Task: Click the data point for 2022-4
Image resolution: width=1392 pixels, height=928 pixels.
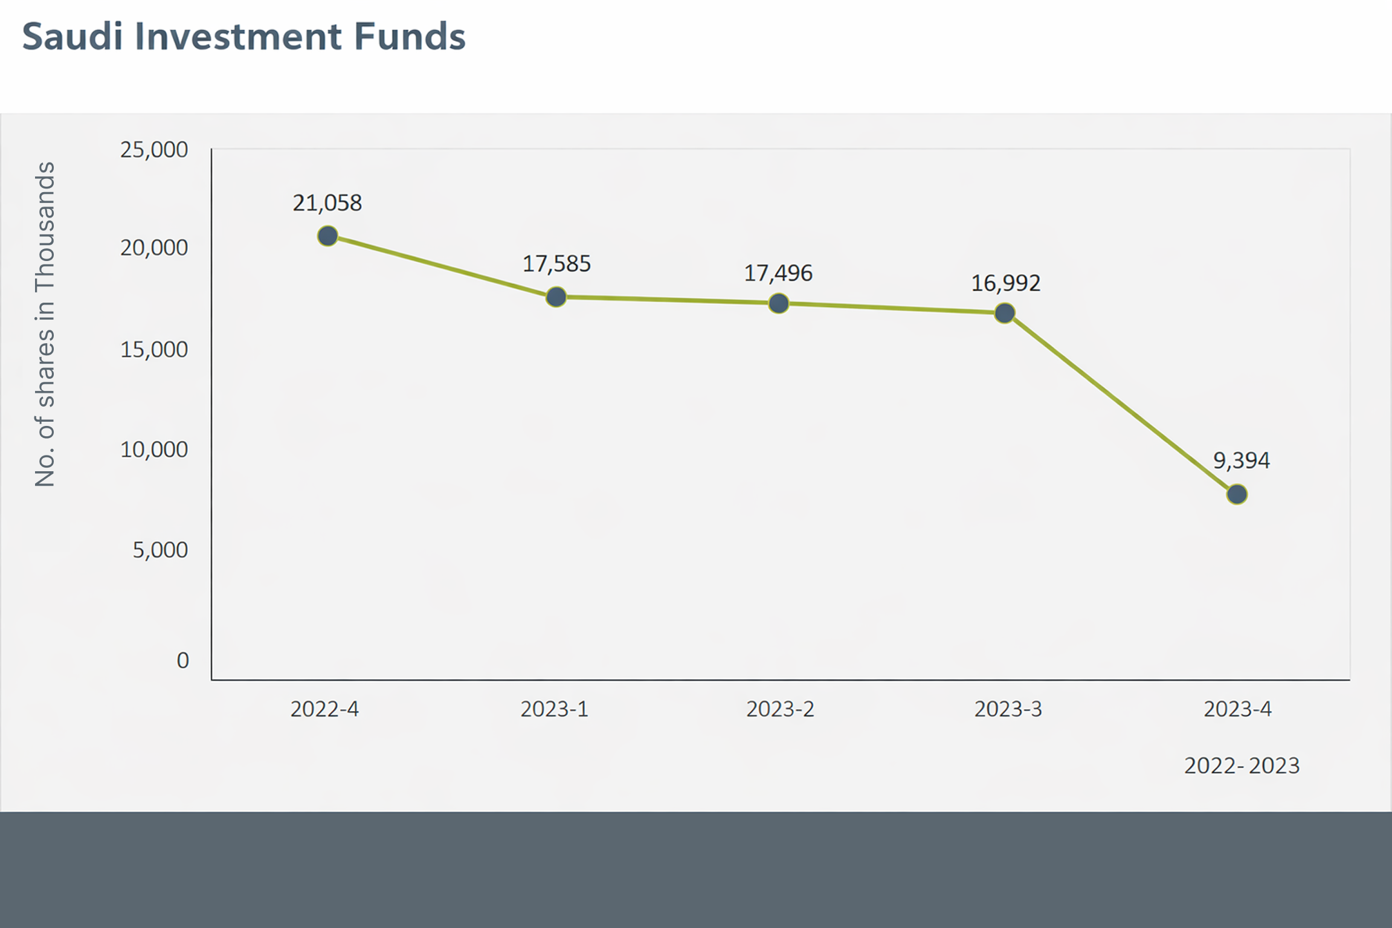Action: (x=327, y=236)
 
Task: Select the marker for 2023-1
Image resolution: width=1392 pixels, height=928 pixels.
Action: (x=556, y=297)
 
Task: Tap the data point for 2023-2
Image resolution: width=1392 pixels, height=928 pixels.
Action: (x=779, y=303)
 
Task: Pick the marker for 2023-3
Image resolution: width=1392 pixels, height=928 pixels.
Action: (x=1005, y=313)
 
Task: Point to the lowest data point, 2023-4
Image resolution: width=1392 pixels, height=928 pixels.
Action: (x=1237, y=494)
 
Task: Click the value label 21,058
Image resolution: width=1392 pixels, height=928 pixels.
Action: (x=327, y=203)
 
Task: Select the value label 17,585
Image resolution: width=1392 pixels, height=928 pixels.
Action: (x=556, y=264)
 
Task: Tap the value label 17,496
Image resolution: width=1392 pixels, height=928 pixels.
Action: (x=778, y=274)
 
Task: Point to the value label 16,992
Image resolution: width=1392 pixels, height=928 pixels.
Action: (x=1006, y=283)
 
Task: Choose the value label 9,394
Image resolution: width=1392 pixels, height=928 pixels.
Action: (x=1242, y=461)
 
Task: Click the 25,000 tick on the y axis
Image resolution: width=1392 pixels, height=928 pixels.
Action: (x=154, y=150)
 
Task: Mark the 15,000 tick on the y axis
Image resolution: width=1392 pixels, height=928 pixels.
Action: (x=154, y=350)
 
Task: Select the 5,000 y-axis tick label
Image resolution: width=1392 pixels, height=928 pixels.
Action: (x=160, y=550)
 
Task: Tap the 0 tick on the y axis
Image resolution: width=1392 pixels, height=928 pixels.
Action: (x=182, y=660)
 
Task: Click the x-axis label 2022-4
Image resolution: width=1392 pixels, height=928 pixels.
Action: (x=324, y=709)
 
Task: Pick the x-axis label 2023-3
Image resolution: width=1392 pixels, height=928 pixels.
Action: (x=1008, y=709)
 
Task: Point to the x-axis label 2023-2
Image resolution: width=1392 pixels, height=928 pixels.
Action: (x=780, y=709)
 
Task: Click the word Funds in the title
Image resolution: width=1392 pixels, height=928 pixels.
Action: (x=409, y=36)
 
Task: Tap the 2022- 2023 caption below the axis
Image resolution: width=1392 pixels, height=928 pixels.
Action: (x=1242, y=766)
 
